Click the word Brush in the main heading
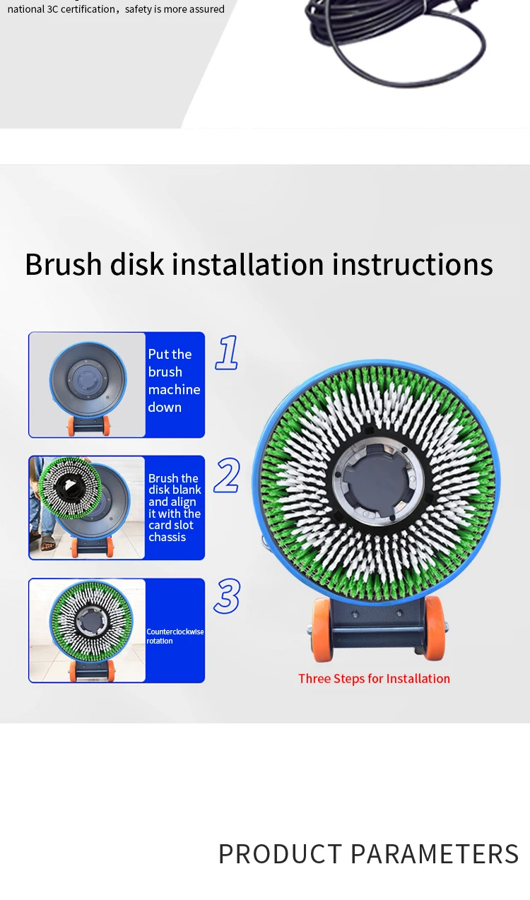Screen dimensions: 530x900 (64, 264)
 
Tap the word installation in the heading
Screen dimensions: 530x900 (248, 264)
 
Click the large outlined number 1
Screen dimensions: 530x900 (227, 353)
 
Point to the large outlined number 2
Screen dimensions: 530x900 (227, 475)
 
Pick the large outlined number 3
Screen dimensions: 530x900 (227, 596)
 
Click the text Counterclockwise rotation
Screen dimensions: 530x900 (175, 636)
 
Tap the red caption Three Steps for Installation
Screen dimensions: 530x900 (374, 679)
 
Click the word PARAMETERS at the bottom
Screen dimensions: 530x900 (435, 854)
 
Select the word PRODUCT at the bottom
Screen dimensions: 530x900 (280, 854)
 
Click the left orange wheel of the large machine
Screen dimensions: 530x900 (322, 629)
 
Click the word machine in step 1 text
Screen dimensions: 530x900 (174, 390)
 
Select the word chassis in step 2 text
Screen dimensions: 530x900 (167, 537)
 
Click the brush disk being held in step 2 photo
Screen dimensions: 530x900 (71, 487)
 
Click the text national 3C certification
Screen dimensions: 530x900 (61, 9)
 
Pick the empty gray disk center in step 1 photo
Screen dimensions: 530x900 (87, 379)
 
